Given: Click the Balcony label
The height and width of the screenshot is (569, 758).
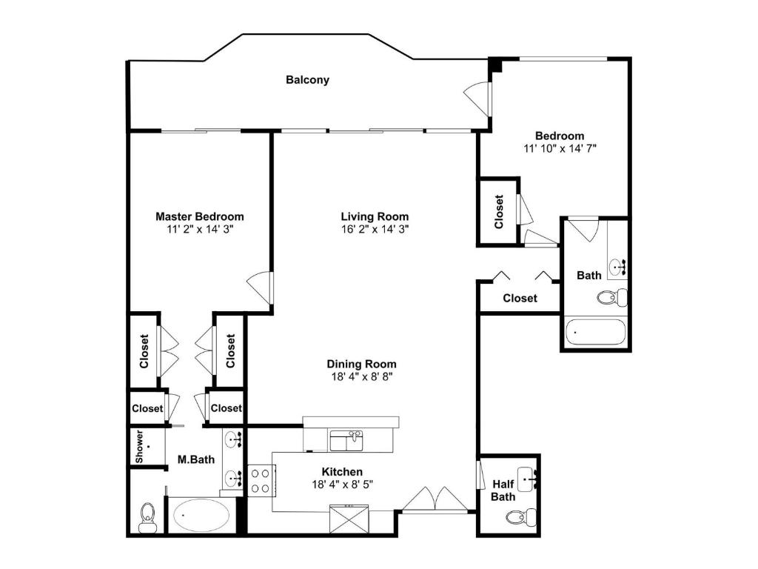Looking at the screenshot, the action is pyautogui.click(x=307, y=80).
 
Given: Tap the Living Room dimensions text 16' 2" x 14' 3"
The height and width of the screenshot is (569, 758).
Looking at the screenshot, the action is pyautogui.click(x=375, y=230).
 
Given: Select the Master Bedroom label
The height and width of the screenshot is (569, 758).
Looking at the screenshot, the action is pyautogui.click(x=200, y=216).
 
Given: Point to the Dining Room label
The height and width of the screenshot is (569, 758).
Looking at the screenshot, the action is pyautogui.click(x=361, y=364).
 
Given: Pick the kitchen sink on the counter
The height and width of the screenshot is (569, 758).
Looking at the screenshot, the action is pyautogui.click(x=346, y=440).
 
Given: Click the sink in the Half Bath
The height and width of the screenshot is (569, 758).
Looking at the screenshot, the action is pyautogui.click(x=527, y=479).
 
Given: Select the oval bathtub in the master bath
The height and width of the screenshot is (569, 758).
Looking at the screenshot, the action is pyautogui.click(x=201, y=516).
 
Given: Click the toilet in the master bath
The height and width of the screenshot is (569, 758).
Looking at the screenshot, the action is pyautogui.click(x=147, y=516).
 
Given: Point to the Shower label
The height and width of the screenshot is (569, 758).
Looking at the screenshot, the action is pyautogui.click(x=139, y=447).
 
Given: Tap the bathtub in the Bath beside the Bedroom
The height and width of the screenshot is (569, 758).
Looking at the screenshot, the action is pyautogui.click(x=596, y=331).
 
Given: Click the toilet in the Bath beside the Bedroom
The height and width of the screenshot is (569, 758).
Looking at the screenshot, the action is pyautogui.click(x=612, y=296).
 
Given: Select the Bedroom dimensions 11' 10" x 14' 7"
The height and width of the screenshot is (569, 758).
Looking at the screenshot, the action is pyautogui.click(x=560, y=148).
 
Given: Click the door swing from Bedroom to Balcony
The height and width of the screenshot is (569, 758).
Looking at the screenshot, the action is pyautogui.click(x=477, y=99).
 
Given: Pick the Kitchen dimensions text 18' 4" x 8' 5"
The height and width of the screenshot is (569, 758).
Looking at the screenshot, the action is pyautogui.click(x=342, y=484).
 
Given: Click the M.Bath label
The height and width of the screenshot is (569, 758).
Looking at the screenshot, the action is pyautogui.click(x=195, y=459).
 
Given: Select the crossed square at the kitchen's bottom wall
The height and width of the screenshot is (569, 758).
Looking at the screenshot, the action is pyautogui.click(x=349, y=519).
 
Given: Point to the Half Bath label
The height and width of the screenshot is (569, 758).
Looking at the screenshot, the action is pyautogui.click(x=503, y=490).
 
